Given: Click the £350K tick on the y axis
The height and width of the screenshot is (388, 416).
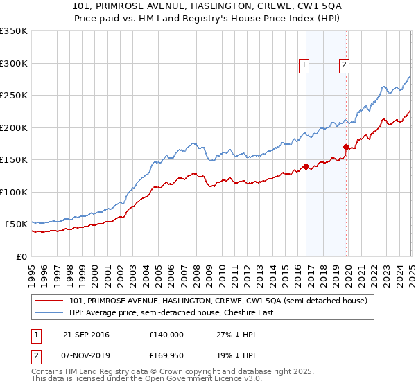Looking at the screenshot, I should point(14,31).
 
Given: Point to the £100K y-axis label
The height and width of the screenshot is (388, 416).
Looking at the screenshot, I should point(14,192).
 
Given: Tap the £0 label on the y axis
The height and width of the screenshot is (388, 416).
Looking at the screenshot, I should point(21,256).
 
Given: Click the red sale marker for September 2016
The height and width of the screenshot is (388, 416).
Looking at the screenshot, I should point(306,166).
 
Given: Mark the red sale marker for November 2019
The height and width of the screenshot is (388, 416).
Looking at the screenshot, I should point(346,147).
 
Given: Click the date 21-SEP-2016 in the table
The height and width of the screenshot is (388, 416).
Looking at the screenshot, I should point(86,334).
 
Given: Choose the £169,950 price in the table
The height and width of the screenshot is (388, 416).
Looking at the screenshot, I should point(166,356).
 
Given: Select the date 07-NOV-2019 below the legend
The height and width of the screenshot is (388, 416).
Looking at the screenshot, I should point(86,356).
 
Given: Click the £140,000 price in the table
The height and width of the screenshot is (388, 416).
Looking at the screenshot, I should point(166,334).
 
